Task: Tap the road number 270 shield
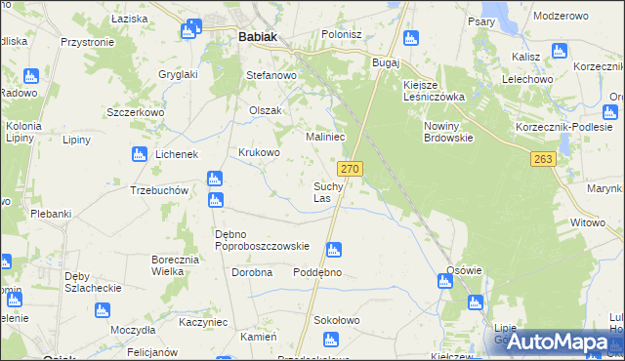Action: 352,169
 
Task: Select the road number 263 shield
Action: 544,159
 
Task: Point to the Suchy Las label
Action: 327,192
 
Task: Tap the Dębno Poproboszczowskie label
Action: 262,240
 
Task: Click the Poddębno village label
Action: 317,272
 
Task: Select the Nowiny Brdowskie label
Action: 448,133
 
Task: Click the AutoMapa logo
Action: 558,341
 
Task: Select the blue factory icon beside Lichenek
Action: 139,153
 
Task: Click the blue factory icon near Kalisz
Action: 559,51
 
